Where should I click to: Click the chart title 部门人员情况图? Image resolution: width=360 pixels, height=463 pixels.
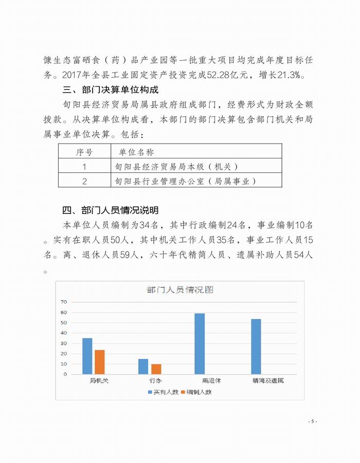180,290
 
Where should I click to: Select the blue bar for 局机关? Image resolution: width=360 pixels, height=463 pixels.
87,356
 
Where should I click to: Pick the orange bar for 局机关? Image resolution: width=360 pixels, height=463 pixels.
100,362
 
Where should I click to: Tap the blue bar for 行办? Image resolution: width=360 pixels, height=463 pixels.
143,366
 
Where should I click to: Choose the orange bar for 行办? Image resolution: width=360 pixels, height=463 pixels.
155,369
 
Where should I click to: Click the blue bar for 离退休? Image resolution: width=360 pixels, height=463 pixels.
200,343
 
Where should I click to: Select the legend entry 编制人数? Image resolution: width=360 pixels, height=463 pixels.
196,392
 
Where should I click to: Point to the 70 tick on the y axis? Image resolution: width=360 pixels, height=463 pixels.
64,301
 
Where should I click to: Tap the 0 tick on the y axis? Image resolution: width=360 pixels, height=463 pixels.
65,374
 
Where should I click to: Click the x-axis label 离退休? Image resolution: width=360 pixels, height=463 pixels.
211,381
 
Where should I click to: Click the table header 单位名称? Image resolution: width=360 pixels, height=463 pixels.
136,152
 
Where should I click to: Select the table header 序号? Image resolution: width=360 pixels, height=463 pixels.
84,152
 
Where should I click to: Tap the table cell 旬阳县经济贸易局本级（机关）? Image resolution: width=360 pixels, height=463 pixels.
177,167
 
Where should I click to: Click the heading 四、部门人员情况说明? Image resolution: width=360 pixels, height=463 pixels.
110,210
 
